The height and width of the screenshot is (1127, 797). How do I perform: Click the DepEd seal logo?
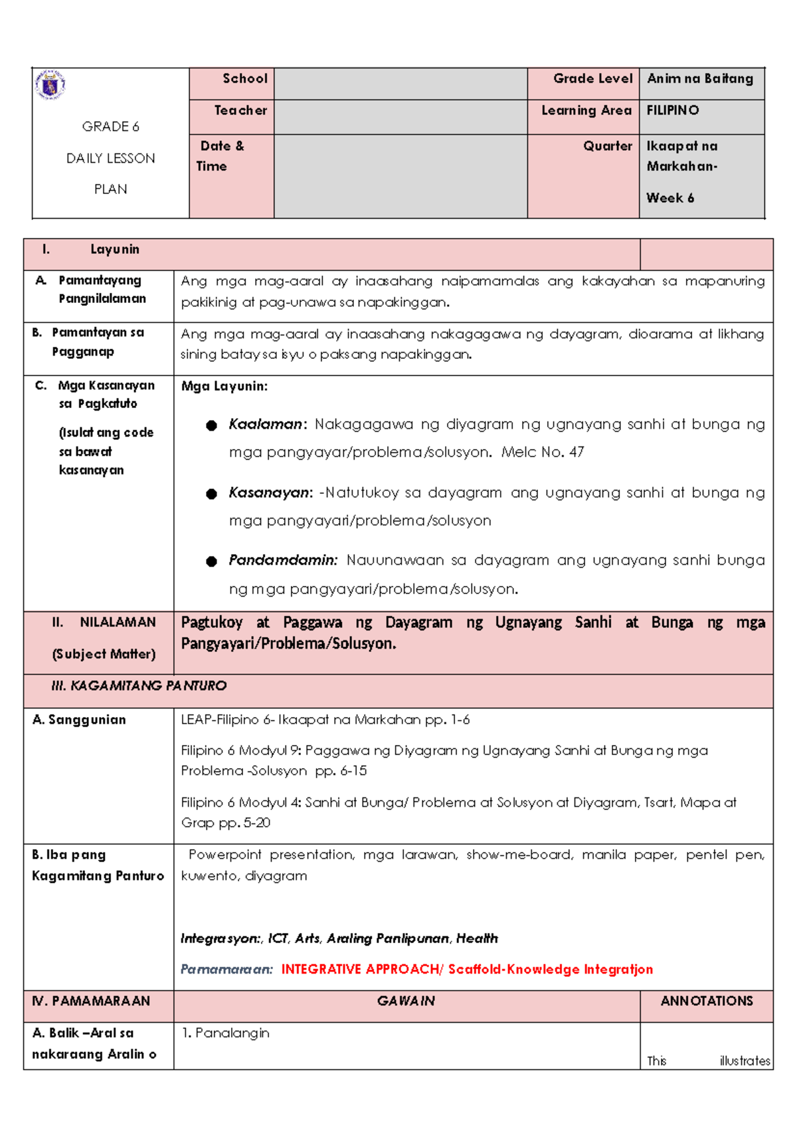click(50, 85)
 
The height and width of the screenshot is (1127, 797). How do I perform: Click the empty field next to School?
click(400, 84)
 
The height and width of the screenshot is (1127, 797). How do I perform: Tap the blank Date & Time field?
click(400, 176)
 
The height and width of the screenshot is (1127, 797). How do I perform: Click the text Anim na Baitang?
click(700, 78)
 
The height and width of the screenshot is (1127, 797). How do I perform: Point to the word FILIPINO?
click(673, 110)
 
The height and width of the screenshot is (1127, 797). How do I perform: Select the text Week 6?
click(670, 198)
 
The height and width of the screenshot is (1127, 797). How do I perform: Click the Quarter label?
click(607, 146)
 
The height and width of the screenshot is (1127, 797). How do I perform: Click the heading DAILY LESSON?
click(110, 158)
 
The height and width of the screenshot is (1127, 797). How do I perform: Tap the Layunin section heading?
click(114, 250)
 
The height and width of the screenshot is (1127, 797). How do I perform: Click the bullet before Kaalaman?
click(211, 425)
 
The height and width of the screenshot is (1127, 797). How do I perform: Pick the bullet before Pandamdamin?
click(211, 562)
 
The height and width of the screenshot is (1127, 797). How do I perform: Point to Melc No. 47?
click(543, 453)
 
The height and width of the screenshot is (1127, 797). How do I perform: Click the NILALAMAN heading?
click(117, 623)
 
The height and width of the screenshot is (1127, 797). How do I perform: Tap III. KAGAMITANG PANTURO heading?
click(139, 686)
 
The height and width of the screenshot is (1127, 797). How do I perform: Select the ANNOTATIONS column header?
click(706, 1001)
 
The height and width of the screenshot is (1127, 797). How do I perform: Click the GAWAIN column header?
click(405, 1001)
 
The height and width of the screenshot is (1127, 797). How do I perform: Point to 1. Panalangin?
click(225, 1033)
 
